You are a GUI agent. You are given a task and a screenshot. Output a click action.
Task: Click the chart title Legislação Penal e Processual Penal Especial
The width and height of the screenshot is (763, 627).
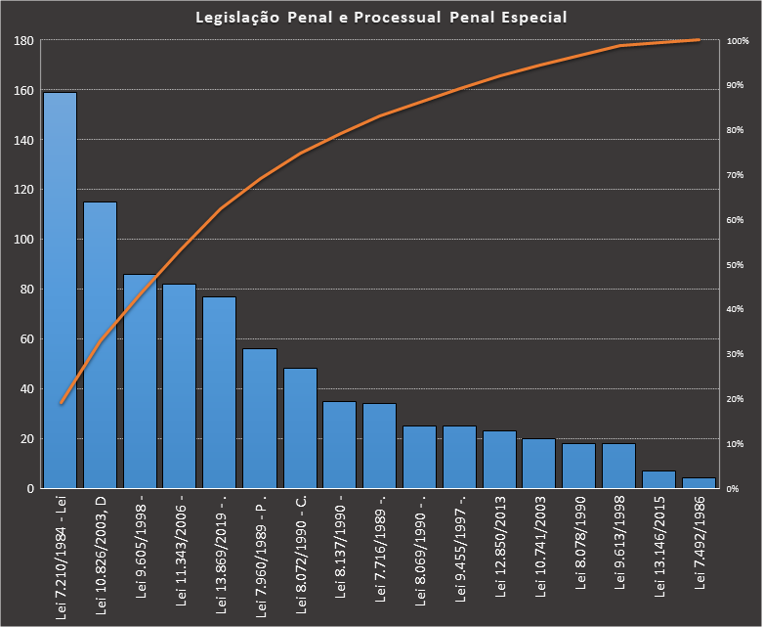381,18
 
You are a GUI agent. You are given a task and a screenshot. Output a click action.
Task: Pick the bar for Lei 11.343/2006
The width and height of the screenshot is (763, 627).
180,385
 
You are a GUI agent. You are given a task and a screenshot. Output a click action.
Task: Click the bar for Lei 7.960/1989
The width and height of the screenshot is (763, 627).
260,418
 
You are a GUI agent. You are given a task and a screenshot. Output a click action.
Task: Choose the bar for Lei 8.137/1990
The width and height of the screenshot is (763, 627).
340,444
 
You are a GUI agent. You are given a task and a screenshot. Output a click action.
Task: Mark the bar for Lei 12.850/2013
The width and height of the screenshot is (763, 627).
500,459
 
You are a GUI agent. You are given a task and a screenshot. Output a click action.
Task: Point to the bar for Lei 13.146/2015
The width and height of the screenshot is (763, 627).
659,479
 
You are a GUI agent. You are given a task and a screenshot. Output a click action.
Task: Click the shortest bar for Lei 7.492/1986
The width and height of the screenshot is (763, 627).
699,482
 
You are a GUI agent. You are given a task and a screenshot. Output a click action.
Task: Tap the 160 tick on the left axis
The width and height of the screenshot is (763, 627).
23,91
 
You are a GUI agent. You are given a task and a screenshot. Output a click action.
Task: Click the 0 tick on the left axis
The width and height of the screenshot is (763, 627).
30,488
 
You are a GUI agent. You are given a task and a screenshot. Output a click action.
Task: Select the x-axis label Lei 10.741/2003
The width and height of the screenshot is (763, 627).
540,543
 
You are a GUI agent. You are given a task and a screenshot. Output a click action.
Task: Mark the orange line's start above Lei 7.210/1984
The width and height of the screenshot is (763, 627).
61,402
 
